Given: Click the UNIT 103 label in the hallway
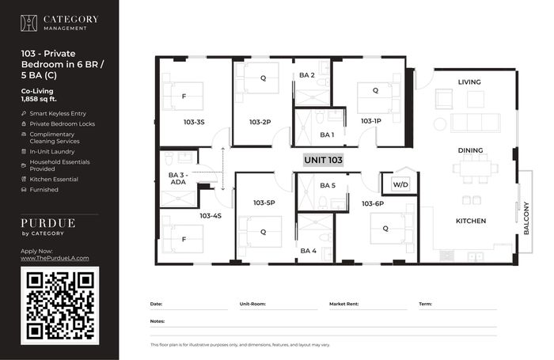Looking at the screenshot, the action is [323, 160].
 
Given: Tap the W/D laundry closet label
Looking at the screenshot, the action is [400, 184].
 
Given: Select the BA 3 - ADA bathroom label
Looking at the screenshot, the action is [178, 178].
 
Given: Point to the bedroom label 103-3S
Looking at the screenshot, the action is [194, 122].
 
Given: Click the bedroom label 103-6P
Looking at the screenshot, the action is [373, 203].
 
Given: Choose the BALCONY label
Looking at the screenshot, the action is [526, 218].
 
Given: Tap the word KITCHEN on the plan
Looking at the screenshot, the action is [471, 221].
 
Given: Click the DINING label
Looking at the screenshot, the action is [470, 150].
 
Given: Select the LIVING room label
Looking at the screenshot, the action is [469, 82].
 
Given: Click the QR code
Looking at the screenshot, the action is [60, 305].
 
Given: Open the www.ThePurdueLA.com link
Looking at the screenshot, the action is [55, 258].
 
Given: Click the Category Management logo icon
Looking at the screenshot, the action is [28, 23].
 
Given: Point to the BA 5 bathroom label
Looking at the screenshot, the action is [328, 185].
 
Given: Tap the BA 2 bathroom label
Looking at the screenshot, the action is [307, 75].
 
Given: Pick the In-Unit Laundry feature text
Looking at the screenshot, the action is [52, 152].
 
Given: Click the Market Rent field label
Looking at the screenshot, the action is [343, 304].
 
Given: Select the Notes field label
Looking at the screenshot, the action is [157, 321].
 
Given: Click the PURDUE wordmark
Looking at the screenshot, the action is [48, 223].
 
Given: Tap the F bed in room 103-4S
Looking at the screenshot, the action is [183, 238].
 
